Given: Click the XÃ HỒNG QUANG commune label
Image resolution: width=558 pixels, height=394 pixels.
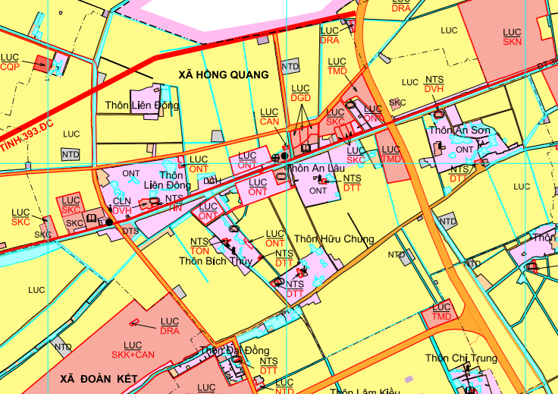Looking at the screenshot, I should tap(223, 74).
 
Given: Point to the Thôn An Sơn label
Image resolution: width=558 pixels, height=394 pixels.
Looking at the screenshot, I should tap(459, 131).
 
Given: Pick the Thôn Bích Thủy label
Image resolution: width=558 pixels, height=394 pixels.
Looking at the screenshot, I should tap(215, 261).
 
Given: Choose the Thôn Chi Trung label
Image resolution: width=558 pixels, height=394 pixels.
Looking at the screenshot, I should tap(461, 358).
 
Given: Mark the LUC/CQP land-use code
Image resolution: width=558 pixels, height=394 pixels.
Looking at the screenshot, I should tap(10, 62).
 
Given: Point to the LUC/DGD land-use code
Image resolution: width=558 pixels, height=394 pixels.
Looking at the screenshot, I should tap(301, 93).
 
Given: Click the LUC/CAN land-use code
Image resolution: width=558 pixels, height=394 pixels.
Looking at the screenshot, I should tap(269, 117).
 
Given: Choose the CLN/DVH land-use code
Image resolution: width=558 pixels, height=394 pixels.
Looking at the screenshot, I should tap(122, 206).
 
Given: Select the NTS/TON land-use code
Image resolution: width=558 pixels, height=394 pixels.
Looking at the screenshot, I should tap(199, 246).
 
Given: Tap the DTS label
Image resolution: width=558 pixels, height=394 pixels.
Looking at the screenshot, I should tap(130, 231).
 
